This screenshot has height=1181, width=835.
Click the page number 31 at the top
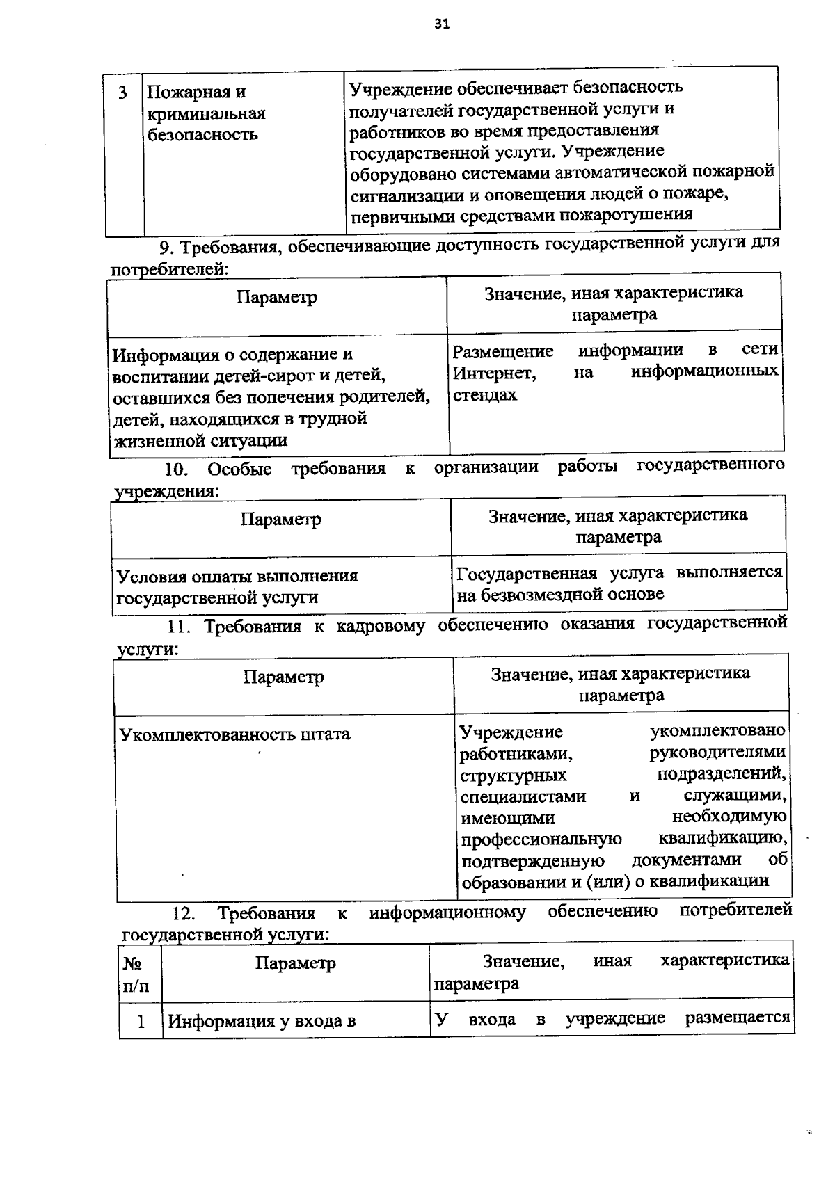(x=442, y=24)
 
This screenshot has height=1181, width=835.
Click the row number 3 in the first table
(x=122, y=93)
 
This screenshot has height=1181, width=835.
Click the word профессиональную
(x=541, y=839)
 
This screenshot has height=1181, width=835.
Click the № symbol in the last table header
(x=132, y=963)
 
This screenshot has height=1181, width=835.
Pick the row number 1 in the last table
(x=141, y=1022)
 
